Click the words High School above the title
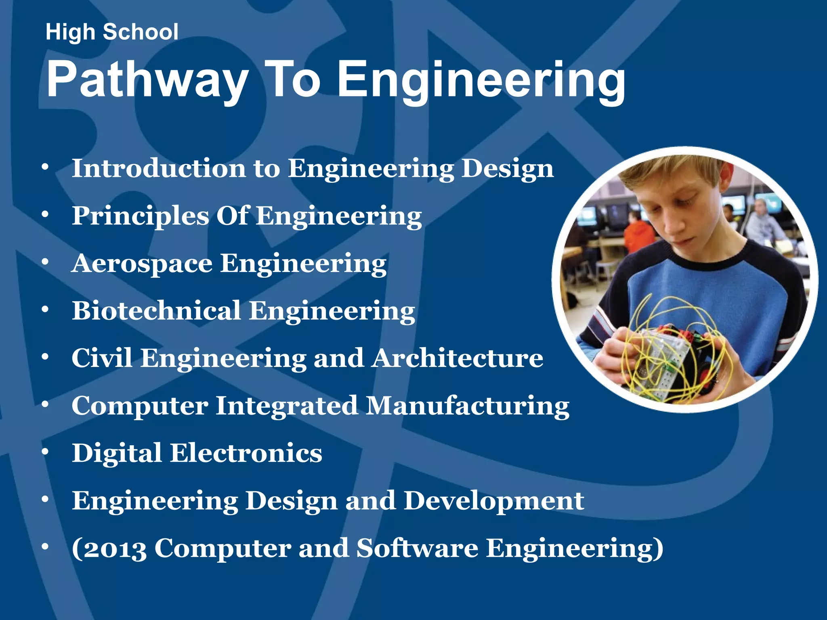pyautogui.click(x=112, y=32)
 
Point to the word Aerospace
pyautogui.click(x=142, y=264)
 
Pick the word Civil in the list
pyautogui.click(x=102, y=358)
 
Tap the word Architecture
pyautogui.click(x=458, y=358)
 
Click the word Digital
pyautogui.click(x=117, y=454)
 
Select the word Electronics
pyautogui.click(x=246, y=453)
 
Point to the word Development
pyautogui.click(x=494, y=501)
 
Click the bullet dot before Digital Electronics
pyautogui.click(x=45, y=452)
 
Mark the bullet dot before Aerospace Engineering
pyautogui.click(x=45, y=262)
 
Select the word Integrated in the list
pyautogui.click(x=286, y=406)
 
